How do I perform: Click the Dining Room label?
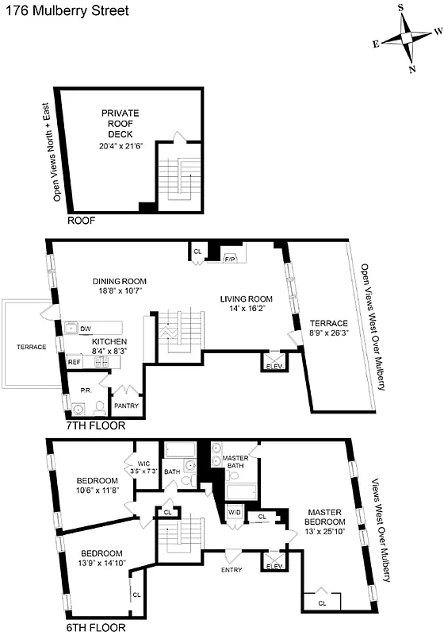pyautogui.click(x=120, y=281)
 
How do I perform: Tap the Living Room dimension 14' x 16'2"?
pyautogui.click(x=246, y=310)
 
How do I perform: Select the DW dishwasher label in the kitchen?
pyautogui.click(x=86, y=328)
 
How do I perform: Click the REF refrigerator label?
pyautogui.click(x=74, y=361)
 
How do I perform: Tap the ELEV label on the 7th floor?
pyautogui.click(x=274, y=366)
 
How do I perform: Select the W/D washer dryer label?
pyautogui.click(x=235, y=512)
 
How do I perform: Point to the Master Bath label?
pyautogui.click(x=236, y=463)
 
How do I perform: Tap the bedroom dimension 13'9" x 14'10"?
pyautogui.click(x=100, y=564)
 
